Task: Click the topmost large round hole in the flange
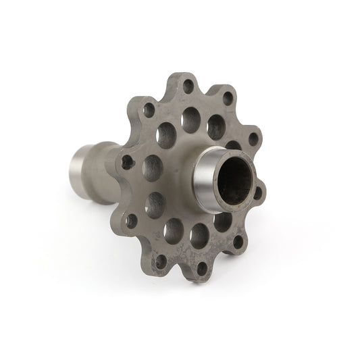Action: [191, 120]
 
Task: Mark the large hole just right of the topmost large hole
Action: [215, 127]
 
